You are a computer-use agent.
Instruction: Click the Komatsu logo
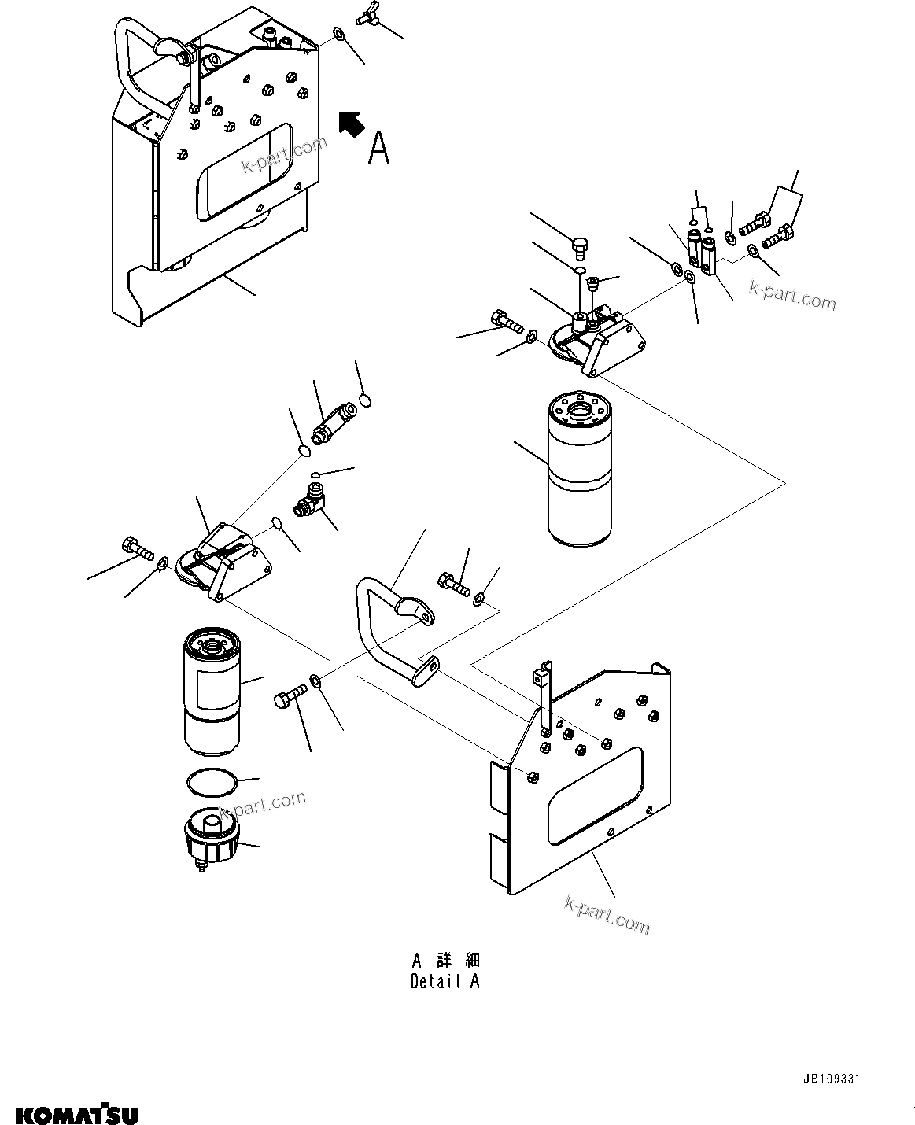76,1114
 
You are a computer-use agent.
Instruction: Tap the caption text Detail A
445,981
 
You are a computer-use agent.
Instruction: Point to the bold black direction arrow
350,124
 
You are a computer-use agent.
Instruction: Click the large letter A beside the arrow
378,147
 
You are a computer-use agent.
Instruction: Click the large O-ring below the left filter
211,784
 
